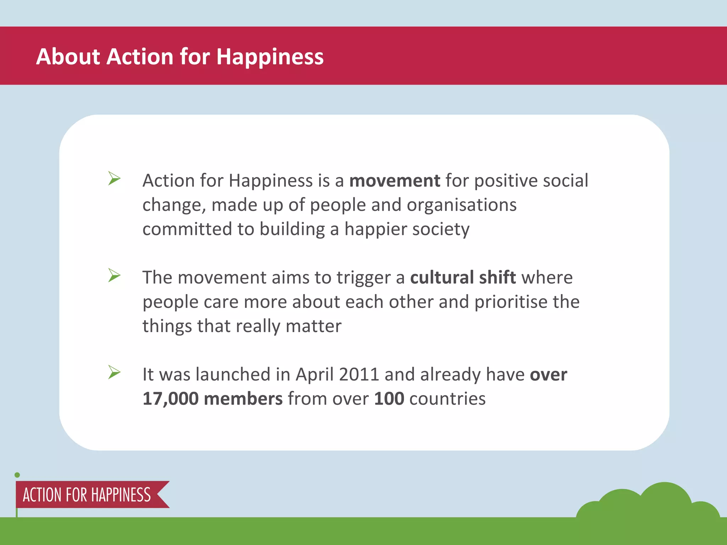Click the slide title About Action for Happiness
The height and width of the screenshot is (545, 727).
coord(180,56)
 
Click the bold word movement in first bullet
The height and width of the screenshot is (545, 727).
coord(395,181)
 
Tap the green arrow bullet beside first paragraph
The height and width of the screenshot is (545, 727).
coord(114,178)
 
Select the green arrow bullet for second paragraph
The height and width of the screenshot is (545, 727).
coord(114,275)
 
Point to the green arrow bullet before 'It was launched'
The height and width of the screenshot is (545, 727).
coord(114,372)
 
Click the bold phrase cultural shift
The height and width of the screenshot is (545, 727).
coord(463,277)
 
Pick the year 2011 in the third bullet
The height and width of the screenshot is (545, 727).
coord(359,374)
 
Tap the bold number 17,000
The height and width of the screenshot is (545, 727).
coord(170,399)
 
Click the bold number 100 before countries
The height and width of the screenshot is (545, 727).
coord(389,399)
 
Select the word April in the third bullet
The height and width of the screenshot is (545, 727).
coord(315,375)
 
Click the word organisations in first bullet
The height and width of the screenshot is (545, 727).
coord(461,205)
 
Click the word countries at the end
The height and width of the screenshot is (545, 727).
coord(447,399)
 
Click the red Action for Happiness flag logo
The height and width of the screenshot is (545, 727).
coord(89,495)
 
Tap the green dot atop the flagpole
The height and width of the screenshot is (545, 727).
coord(17,475)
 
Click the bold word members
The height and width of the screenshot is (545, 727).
coord(243,399)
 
